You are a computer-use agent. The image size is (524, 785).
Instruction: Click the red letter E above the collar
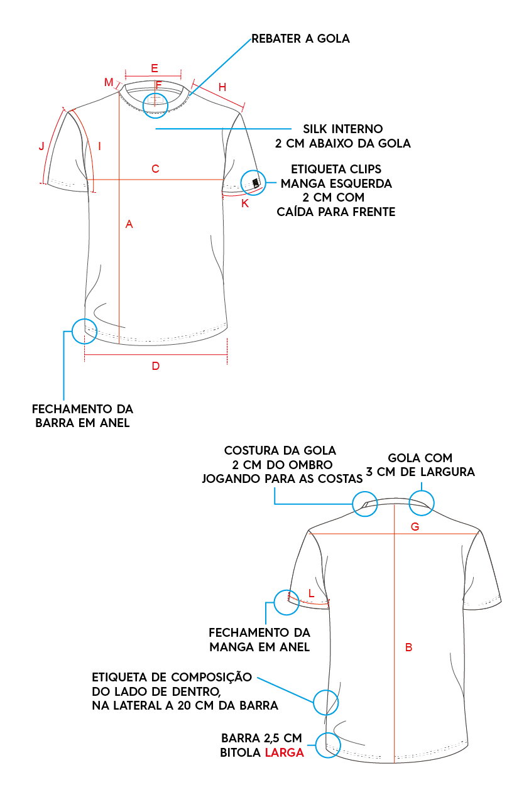(155, 68)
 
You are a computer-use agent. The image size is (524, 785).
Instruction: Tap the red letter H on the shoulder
(222, 87)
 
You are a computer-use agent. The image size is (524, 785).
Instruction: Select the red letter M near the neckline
(109, 82)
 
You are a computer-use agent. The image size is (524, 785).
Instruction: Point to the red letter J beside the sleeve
(41, 146)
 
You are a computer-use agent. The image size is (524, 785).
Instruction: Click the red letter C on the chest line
(155, 169)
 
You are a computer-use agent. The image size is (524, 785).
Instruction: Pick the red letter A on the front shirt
(129, 224)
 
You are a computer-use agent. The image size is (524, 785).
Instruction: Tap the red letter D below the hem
(156, 366)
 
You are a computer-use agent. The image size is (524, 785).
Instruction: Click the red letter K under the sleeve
(245, 203)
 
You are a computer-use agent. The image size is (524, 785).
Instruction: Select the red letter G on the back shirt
(415, 527)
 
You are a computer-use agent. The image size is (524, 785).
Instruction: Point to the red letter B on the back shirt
(408, 647)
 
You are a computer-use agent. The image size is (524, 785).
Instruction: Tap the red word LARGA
(284, 752)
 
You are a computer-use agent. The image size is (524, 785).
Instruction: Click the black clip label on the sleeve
(256, 183)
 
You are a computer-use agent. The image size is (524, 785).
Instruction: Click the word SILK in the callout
(314, 129)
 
